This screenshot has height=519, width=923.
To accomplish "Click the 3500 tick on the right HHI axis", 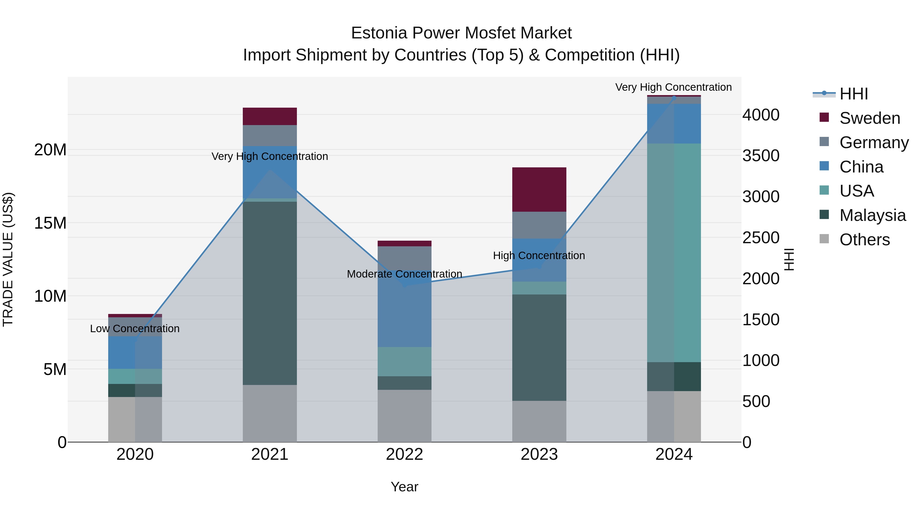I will point(760,156).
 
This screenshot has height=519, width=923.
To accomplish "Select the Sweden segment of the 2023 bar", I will point(539,189).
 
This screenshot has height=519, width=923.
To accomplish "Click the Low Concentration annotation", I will point(135,329).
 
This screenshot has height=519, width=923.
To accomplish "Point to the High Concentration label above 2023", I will point(539,256).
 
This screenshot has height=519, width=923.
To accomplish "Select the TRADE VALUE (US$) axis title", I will point(8,259).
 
